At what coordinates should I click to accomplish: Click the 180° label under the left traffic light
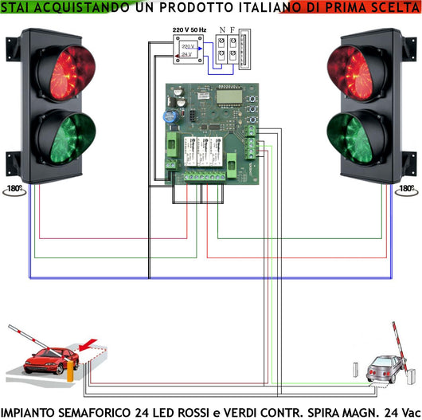pos(17,190)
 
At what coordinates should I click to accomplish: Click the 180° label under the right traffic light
pos(406,190)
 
